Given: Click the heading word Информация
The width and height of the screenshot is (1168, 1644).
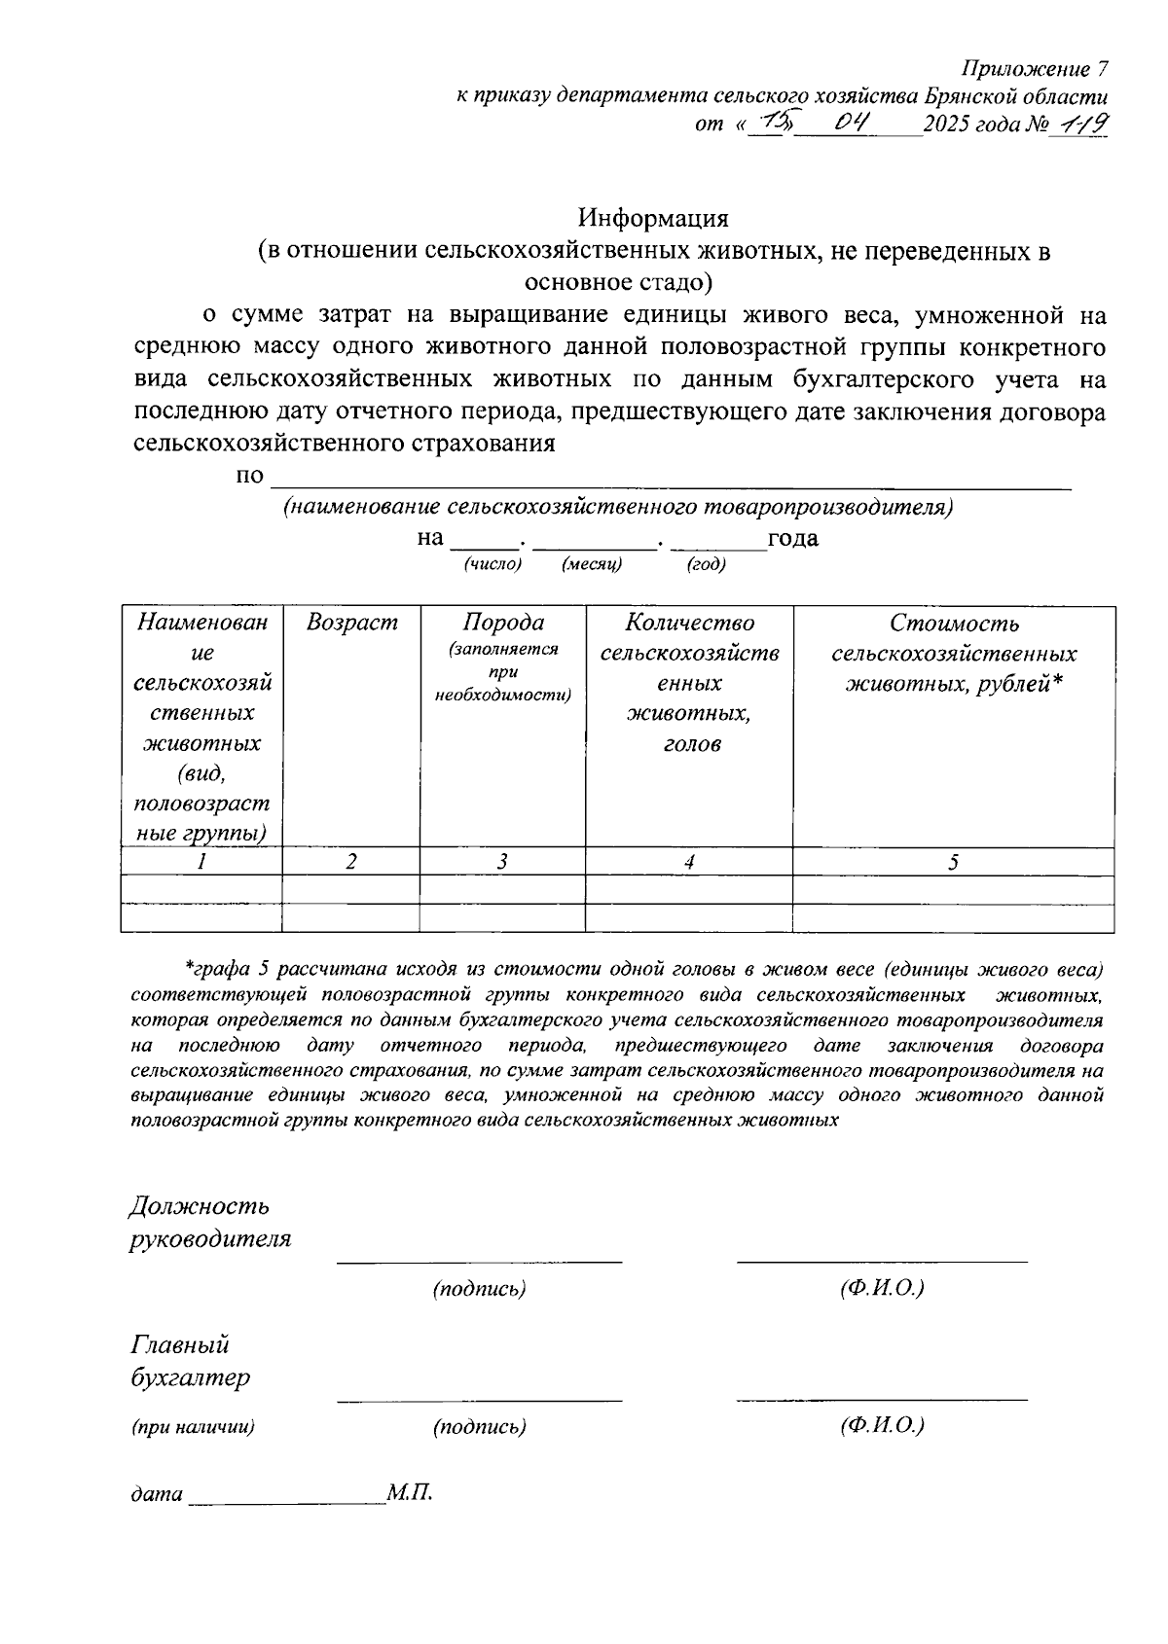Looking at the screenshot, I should [x=653, y=217].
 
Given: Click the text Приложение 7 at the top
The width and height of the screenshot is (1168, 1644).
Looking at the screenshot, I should [x=1035, y=69].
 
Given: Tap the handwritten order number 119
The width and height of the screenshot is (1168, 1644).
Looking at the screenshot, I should [x=1079, y=124].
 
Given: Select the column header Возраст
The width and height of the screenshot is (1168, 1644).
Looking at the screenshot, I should [x=351, y=623].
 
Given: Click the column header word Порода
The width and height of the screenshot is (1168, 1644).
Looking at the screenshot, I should [x=502, y=623].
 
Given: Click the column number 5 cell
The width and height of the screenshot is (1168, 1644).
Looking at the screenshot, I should [x=953, y=862].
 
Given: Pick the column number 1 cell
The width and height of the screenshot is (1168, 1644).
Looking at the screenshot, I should [x=201, y=862].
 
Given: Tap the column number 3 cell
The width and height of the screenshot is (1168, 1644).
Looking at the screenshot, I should [x=502, y=862].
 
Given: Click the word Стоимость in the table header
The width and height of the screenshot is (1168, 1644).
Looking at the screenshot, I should [x=954, y=624].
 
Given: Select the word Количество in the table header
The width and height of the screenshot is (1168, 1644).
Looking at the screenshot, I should [x=689, y=623].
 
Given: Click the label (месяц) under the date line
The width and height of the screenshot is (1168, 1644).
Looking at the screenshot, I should [x=592, y=564].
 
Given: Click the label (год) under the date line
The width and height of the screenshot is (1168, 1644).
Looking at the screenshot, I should [x=707, y=564].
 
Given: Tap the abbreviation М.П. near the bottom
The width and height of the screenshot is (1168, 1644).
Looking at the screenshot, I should [x=409, y=1491].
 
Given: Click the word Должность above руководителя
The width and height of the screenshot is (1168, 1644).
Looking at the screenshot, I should [x=199, y=1207].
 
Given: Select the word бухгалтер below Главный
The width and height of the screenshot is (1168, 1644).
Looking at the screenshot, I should [x=190, y=1378].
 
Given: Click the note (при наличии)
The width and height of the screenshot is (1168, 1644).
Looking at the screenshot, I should [x=193, y=1427].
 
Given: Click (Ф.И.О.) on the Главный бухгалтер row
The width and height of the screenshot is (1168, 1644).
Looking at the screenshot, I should [x=881, y=1425].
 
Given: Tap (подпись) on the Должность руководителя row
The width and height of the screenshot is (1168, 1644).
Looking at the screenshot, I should [x=479, y=1289].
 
